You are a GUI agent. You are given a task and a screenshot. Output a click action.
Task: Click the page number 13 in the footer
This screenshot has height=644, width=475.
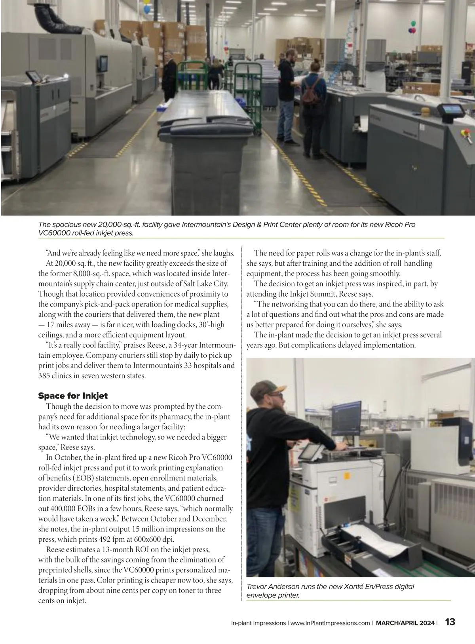point(450,622)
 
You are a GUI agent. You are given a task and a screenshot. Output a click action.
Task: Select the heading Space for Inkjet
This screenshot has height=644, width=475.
point(73,396)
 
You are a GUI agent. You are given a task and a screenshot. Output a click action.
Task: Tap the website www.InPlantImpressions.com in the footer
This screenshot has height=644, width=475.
point(330,623)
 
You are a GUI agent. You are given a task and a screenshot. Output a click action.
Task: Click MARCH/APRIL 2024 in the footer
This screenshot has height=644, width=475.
point(405,623)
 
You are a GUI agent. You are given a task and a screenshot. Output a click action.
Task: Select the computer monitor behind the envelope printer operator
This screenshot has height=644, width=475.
point(346,417)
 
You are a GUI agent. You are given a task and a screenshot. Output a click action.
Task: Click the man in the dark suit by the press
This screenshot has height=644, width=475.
point(169,79)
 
